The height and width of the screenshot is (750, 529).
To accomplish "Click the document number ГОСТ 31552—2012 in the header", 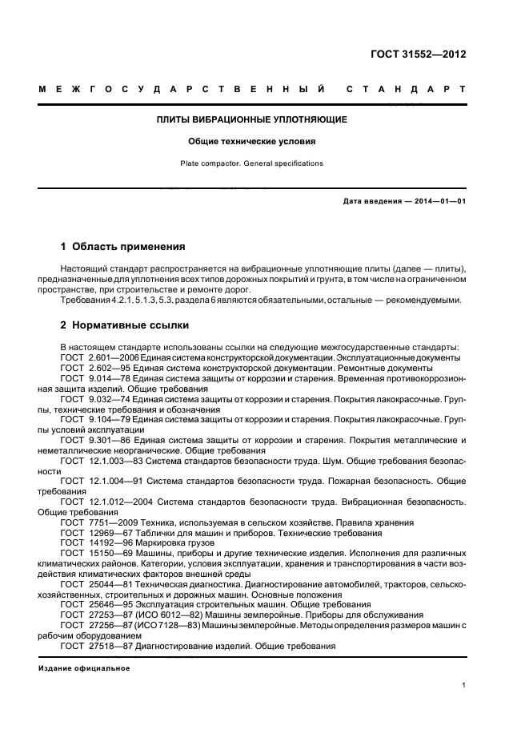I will (428, 54).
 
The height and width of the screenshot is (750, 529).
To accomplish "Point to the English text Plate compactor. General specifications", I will (251, 163).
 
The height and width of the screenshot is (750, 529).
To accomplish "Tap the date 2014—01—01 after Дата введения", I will (437, 201).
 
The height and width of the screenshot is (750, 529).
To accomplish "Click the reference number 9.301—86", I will (104, 439).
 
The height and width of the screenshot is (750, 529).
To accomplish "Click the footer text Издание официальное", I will (84, 667).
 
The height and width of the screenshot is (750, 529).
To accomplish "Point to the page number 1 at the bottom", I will (463, 686).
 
